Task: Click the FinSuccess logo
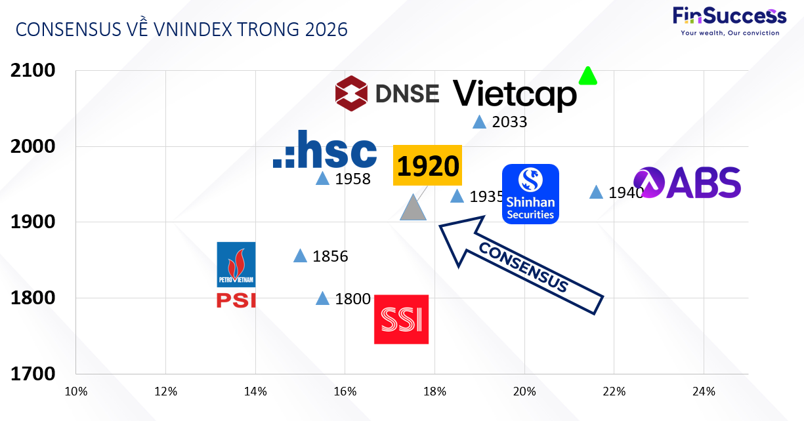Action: (729, 20)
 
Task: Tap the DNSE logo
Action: (387, 93)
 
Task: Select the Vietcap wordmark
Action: (515, 94)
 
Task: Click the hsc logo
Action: (325, 150)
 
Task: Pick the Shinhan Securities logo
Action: (530, 194)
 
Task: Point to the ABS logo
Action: (687, 183)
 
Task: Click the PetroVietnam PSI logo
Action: (236, 275)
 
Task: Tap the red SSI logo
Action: (401, 319)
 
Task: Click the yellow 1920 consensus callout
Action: (427, 167)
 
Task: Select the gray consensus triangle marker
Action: (413, 209)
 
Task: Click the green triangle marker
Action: (587, 76)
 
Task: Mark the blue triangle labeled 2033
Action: (479, 122)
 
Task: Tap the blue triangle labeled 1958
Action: (322, 178)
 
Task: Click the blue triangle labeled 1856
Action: (300, 256)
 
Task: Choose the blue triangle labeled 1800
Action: (322, 299)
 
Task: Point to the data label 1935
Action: (486, 197)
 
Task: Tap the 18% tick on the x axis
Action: (434, 392)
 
